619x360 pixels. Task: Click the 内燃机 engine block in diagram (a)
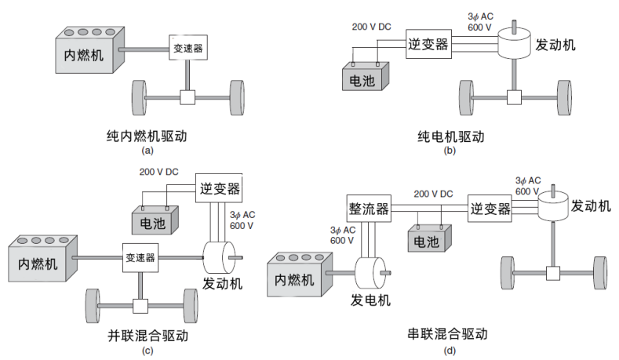(88, 56)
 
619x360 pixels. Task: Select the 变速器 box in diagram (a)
(188, 49)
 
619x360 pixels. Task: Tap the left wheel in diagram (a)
(139, 97)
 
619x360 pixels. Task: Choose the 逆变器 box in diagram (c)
(219, 188)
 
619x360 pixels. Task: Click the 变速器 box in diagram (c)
(140, 256)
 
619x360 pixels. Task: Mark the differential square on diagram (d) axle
(552, 273)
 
